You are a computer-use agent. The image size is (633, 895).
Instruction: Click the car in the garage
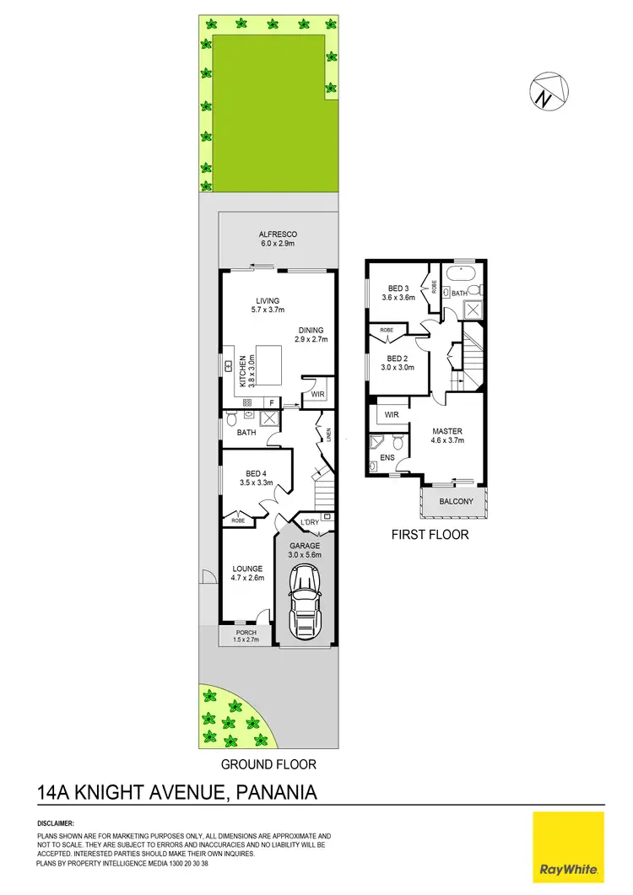click(305, 601)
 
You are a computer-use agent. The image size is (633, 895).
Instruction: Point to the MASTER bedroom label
click(446, 431)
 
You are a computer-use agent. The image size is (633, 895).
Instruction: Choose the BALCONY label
click(455, 502)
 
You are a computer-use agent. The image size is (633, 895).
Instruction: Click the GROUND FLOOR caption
click(268, 764)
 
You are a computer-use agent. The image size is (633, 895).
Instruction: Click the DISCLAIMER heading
click(57, 822)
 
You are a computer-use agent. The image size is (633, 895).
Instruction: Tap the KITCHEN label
click(242, 371)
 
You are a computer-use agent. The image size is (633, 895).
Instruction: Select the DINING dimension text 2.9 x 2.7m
click(311, 340)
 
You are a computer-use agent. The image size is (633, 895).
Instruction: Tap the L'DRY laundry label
click(311, 524)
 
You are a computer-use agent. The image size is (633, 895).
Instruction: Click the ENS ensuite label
click(387, 458)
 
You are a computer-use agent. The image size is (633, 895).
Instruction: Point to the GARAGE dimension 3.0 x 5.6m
click(305, 556)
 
